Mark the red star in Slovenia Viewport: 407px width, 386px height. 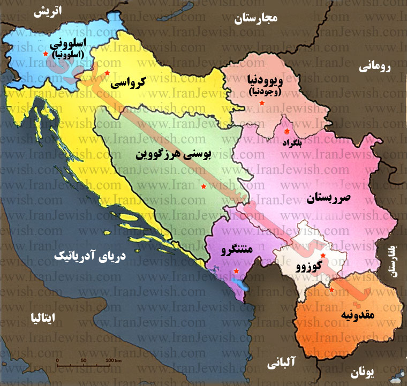tap(45, 55)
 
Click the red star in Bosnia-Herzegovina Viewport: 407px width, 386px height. tap(203, 186)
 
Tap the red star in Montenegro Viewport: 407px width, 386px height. tap(236, 271)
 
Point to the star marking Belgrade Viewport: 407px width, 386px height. tap(287, 131)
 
